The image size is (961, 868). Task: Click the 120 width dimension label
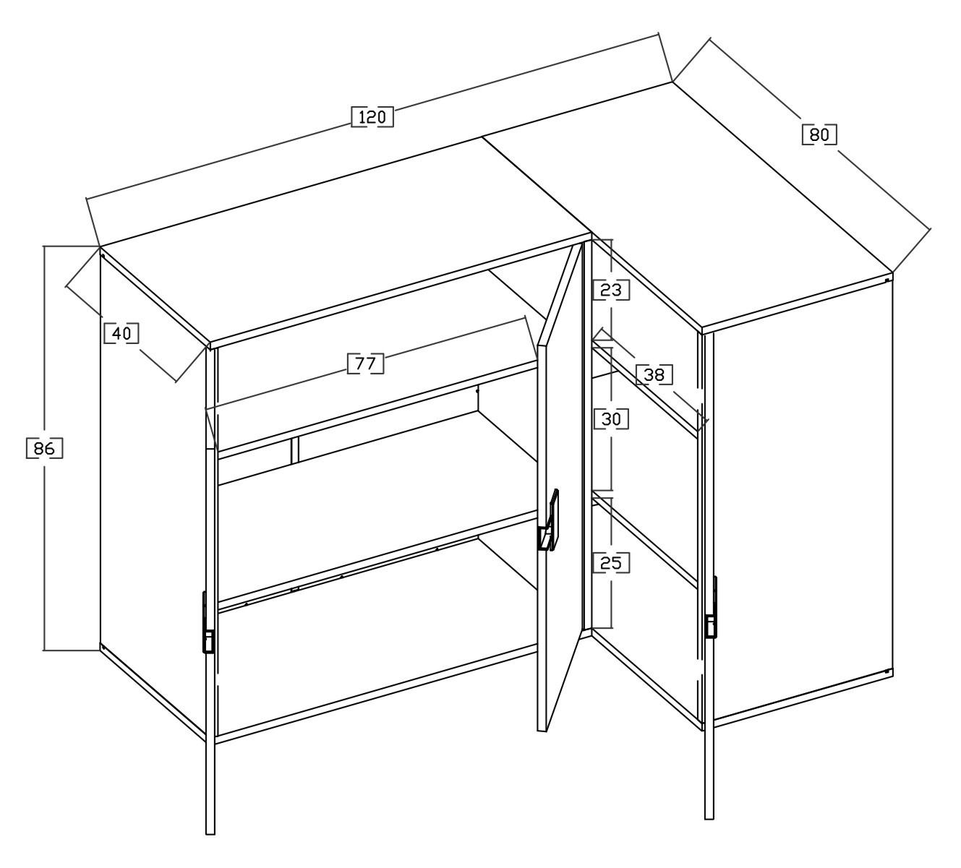(372, 117)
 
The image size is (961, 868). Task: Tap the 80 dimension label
(819, 134)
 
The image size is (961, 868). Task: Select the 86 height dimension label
(45, 448)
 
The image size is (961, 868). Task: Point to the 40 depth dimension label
(121, 333)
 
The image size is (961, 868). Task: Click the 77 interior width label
(365, 364)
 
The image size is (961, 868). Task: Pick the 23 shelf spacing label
(611, 290)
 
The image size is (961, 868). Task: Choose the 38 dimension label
(654, 374)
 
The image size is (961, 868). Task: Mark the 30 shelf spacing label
(611, 419)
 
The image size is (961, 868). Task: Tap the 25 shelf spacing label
(611, 563)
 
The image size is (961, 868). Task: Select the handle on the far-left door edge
(208, 623)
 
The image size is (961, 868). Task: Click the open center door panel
(560, 489)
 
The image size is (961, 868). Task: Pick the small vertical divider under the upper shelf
(294, 450)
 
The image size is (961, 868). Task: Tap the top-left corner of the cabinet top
(100, 246)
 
